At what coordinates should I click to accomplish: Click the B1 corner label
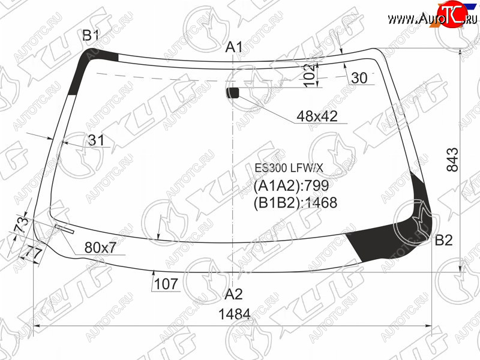[91, 35]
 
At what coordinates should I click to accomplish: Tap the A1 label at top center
[234, 47]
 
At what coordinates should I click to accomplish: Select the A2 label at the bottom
[233, 294]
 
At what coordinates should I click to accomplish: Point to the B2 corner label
[443, 241]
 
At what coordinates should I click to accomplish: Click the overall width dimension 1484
[235, 314]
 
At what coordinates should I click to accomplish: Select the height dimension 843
[453, 160]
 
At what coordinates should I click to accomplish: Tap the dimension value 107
[166, 284]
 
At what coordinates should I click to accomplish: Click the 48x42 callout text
[317, 116]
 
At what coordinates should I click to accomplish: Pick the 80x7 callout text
[100, 247]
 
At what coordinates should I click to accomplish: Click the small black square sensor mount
[232, 93]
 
